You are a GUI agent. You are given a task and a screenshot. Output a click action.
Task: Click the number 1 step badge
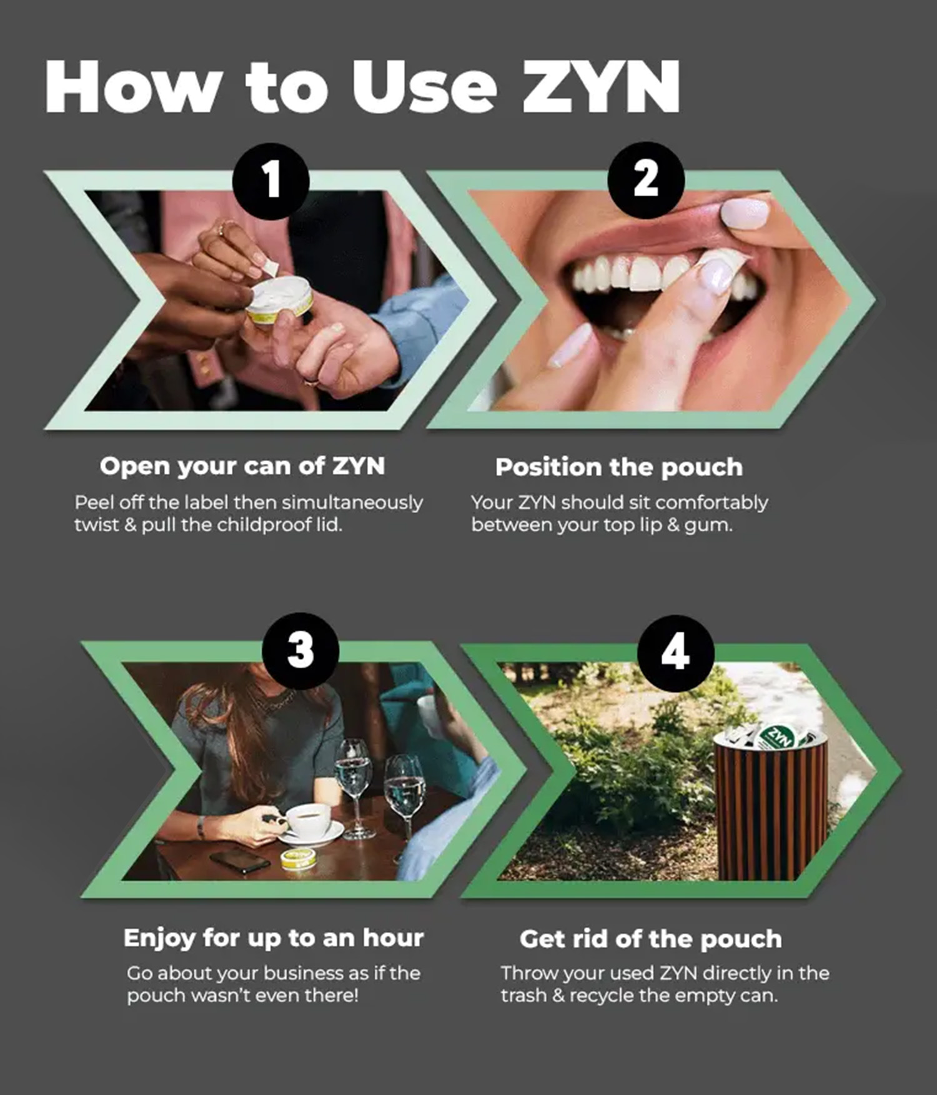click(x=271, y=180)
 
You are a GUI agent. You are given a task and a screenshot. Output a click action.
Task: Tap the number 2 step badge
click(x=646, y=179)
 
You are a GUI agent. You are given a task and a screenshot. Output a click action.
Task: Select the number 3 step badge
click(x=300, y=651)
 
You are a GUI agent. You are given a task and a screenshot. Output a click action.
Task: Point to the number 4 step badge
click(x=675, y=653)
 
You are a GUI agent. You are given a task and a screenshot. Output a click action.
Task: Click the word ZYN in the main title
click(x=601, y=87)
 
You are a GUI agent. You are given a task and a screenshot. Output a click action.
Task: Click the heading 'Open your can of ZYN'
click(x=242, y=466)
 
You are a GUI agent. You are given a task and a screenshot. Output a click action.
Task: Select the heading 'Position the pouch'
click(x=619, y=467)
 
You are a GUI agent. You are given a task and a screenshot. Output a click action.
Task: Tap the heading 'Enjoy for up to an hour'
click(x=274, y=938)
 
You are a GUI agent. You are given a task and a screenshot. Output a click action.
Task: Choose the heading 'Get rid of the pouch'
click(x=651, y=939)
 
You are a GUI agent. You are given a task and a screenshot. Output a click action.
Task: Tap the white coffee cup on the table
click(x=309, y=821)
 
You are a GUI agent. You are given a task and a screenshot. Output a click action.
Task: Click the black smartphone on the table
click(x=240, y=862)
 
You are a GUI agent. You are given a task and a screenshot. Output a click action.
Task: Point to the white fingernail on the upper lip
click(x=745, y=214)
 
